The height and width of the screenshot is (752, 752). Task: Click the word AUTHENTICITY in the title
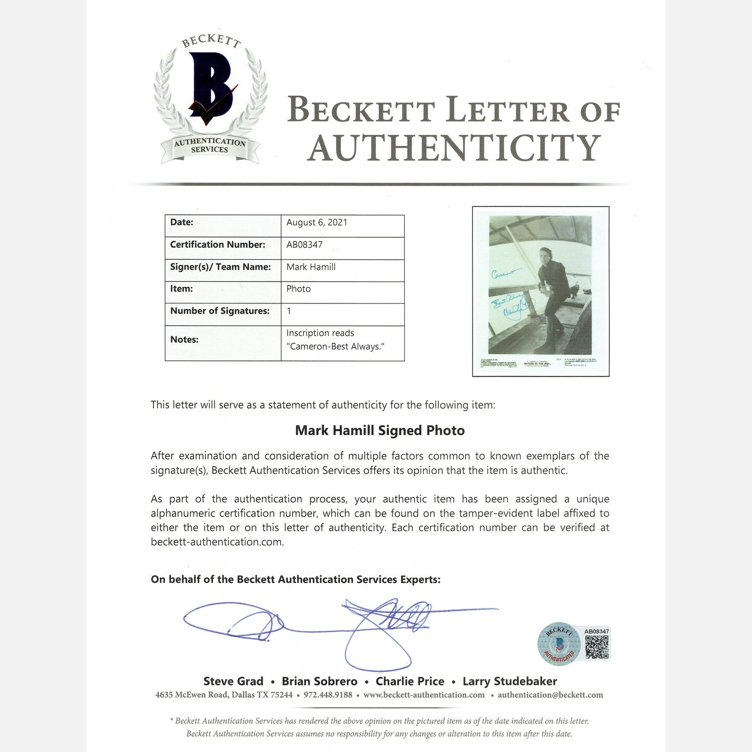click(x=454, y=148)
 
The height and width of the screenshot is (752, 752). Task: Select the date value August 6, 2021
click(x=316, y=223)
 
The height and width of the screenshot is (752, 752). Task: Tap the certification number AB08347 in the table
click(x=304, y=245)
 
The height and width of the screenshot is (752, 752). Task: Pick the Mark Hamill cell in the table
click(x=311, y=267)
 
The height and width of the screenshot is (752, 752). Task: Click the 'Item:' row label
click(x=182, y=289)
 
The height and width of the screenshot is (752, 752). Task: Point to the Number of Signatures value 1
click(x=289, y=311)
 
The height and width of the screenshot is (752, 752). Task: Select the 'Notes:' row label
click(x=184, y=340)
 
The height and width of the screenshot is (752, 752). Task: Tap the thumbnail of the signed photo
click(x=540, y=291)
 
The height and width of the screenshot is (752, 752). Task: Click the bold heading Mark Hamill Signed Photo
click(x=379, y=430)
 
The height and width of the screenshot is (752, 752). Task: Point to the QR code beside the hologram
click(x=596, y=647)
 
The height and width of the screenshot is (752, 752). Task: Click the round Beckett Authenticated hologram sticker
click(x=559, y=644)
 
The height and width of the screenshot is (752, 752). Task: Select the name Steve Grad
click(x=233, y=681)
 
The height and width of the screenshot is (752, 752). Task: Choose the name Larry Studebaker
click(x=509, y=681)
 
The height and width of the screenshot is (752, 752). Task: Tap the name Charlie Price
click(x=410, y=681)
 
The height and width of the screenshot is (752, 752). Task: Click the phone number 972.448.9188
click(x=328, y=695)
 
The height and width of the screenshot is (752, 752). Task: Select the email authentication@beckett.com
click(x=550, y=695)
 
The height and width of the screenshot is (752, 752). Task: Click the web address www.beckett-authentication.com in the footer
click(x=424, y=695)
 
